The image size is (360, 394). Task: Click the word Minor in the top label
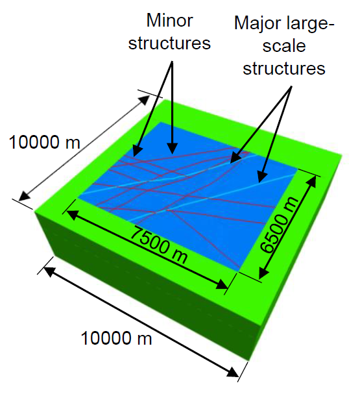[169, 20]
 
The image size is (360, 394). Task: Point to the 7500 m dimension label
[159, 245]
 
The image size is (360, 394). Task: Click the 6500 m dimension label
[279, 225]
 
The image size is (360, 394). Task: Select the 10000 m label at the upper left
[45, 142]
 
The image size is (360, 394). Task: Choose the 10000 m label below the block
[116, 338]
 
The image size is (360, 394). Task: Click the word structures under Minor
[169, 43]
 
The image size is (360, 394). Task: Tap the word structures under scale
[284, 68]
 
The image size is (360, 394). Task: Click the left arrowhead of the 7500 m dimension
[71, 215]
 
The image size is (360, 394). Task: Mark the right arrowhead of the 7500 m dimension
[222, 284]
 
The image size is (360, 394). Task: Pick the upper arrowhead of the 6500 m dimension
[312, 181]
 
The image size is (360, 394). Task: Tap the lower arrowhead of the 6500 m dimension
[263, 273]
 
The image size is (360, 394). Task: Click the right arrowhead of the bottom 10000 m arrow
[233, 373]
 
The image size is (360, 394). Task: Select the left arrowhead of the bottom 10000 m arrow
[49, 271]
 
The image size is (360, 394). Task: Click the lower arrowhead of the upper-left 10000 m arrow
[25, 196]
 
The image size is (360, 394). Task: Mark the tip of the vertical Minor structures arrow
[172, 154]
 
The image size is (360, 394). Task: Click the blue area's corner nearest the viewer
[238, 271]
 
